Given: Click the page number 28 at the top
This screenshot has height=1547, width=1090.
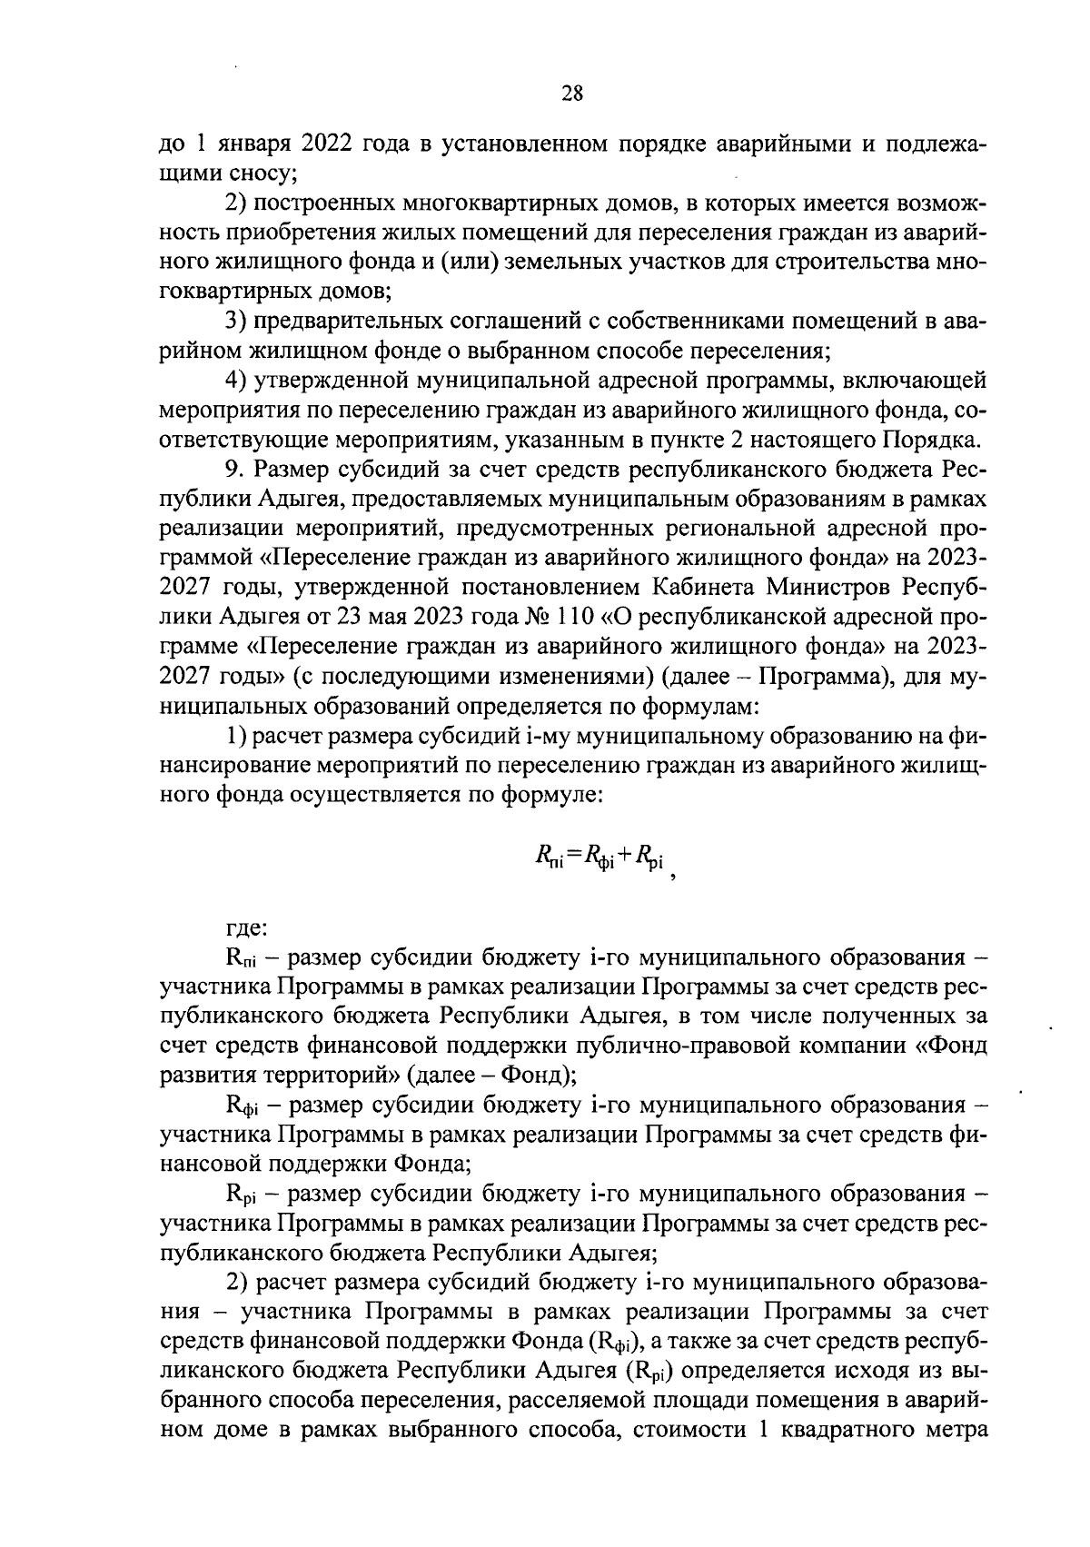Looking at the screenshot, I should pyautogui.click(x=572, y=93).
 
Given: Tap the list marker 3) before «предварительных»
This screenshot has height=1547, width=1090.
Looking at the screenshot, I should pyautogui.click(x=236, y=322).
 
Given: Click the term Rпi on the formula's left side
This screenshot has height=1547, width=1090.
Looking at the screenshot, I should pyautogui.click(x=550, y=853).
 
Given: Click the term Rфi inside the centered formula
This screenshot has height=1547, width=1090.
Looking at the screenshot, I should pyautogui.click(x=599, y=854).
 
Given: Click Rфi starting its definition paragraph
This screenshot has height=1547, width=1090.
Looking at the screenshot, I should pyautogui.click(x=242, y=1106).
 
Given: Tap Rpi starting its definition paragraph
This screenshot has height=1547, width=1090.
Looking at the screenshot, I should pyautogui.click(x=241, y=1195).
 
